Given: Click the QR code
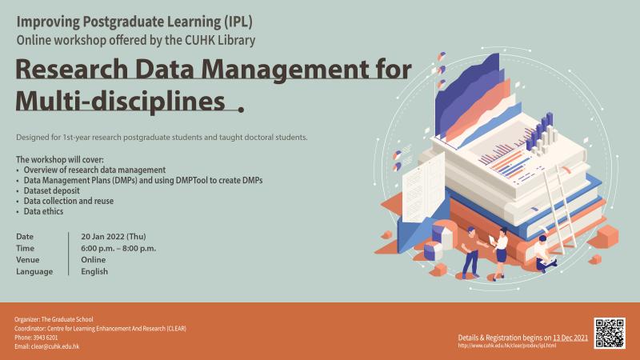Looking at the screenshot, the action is pyautogui.click(x=610, y=333).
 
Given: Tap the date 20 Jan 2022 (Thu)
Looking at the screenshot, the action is pyautogui.click(x=114, y=236).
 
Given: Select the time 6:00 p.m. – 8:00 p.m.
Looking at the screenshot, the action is pyautogui.click(x=118, y=248).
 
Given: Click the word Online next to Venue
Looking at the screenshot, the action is pyautogui.click(x=93, y=259).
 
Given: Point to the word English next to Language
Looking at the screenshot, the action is pyautogui.click(x=94, y=271).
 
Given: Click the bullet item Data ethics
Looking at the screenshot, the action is pyautogui.click(x=43, y=211).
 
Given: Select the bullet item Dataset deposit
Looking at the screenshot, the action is pyautogui.click(x=51, y=190).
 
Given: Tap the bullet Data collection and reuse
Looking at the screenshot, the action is pyautogui.click(x=69, y=201).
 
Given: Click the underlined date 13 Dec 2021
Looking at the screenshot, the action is pyautogui.click(x=570, y=338).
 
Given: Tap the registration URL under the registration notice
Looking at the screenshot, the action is pyautogui.click(x=506, y=346).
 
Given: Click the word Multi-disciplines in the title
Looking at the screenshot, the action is pyautogui.click(x=121, y=101).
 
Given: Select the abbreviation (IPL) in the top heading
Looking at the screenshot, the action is pyautogui.click(x=238, y=22).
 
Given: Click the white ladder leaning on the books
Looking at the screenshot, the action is pyautogui.click(x=558, y=210).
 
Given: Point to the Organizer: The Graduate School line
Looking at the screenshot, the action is pyautogui.click(x=54, y=319).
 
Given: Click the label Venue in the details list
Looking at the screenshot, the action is pyautogui.click(x=28, y=259).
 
